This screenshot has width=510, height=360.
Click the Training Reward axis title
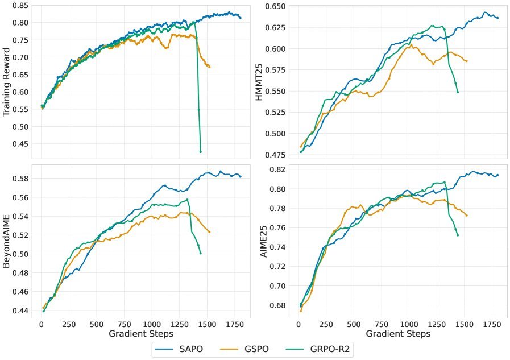click(x=8, y=81)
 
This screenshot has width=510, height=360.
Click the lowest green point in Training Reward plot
click(x=201, y=152)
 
